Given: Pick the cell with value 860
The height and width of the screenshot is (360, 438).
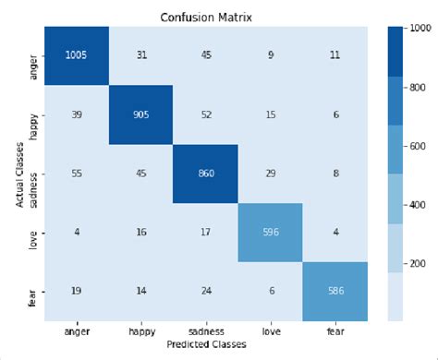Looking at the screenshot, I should [x=205, y=174].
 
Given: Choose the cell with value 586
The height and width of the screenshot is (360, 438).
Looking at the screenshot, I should [x=335, y=291].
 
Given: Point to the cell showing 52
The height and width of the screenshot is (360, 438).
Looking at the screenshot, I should [x=205, y=115].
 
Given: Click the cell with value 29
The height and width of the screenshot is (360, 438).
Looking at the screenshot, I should [x=270, y=174].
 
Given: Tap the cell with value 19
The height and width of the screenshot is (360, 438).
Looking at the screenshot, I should [x=77, y=291].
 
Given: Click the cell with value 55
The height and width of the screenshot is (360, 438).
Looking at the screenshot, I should [x=77, y=174].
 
